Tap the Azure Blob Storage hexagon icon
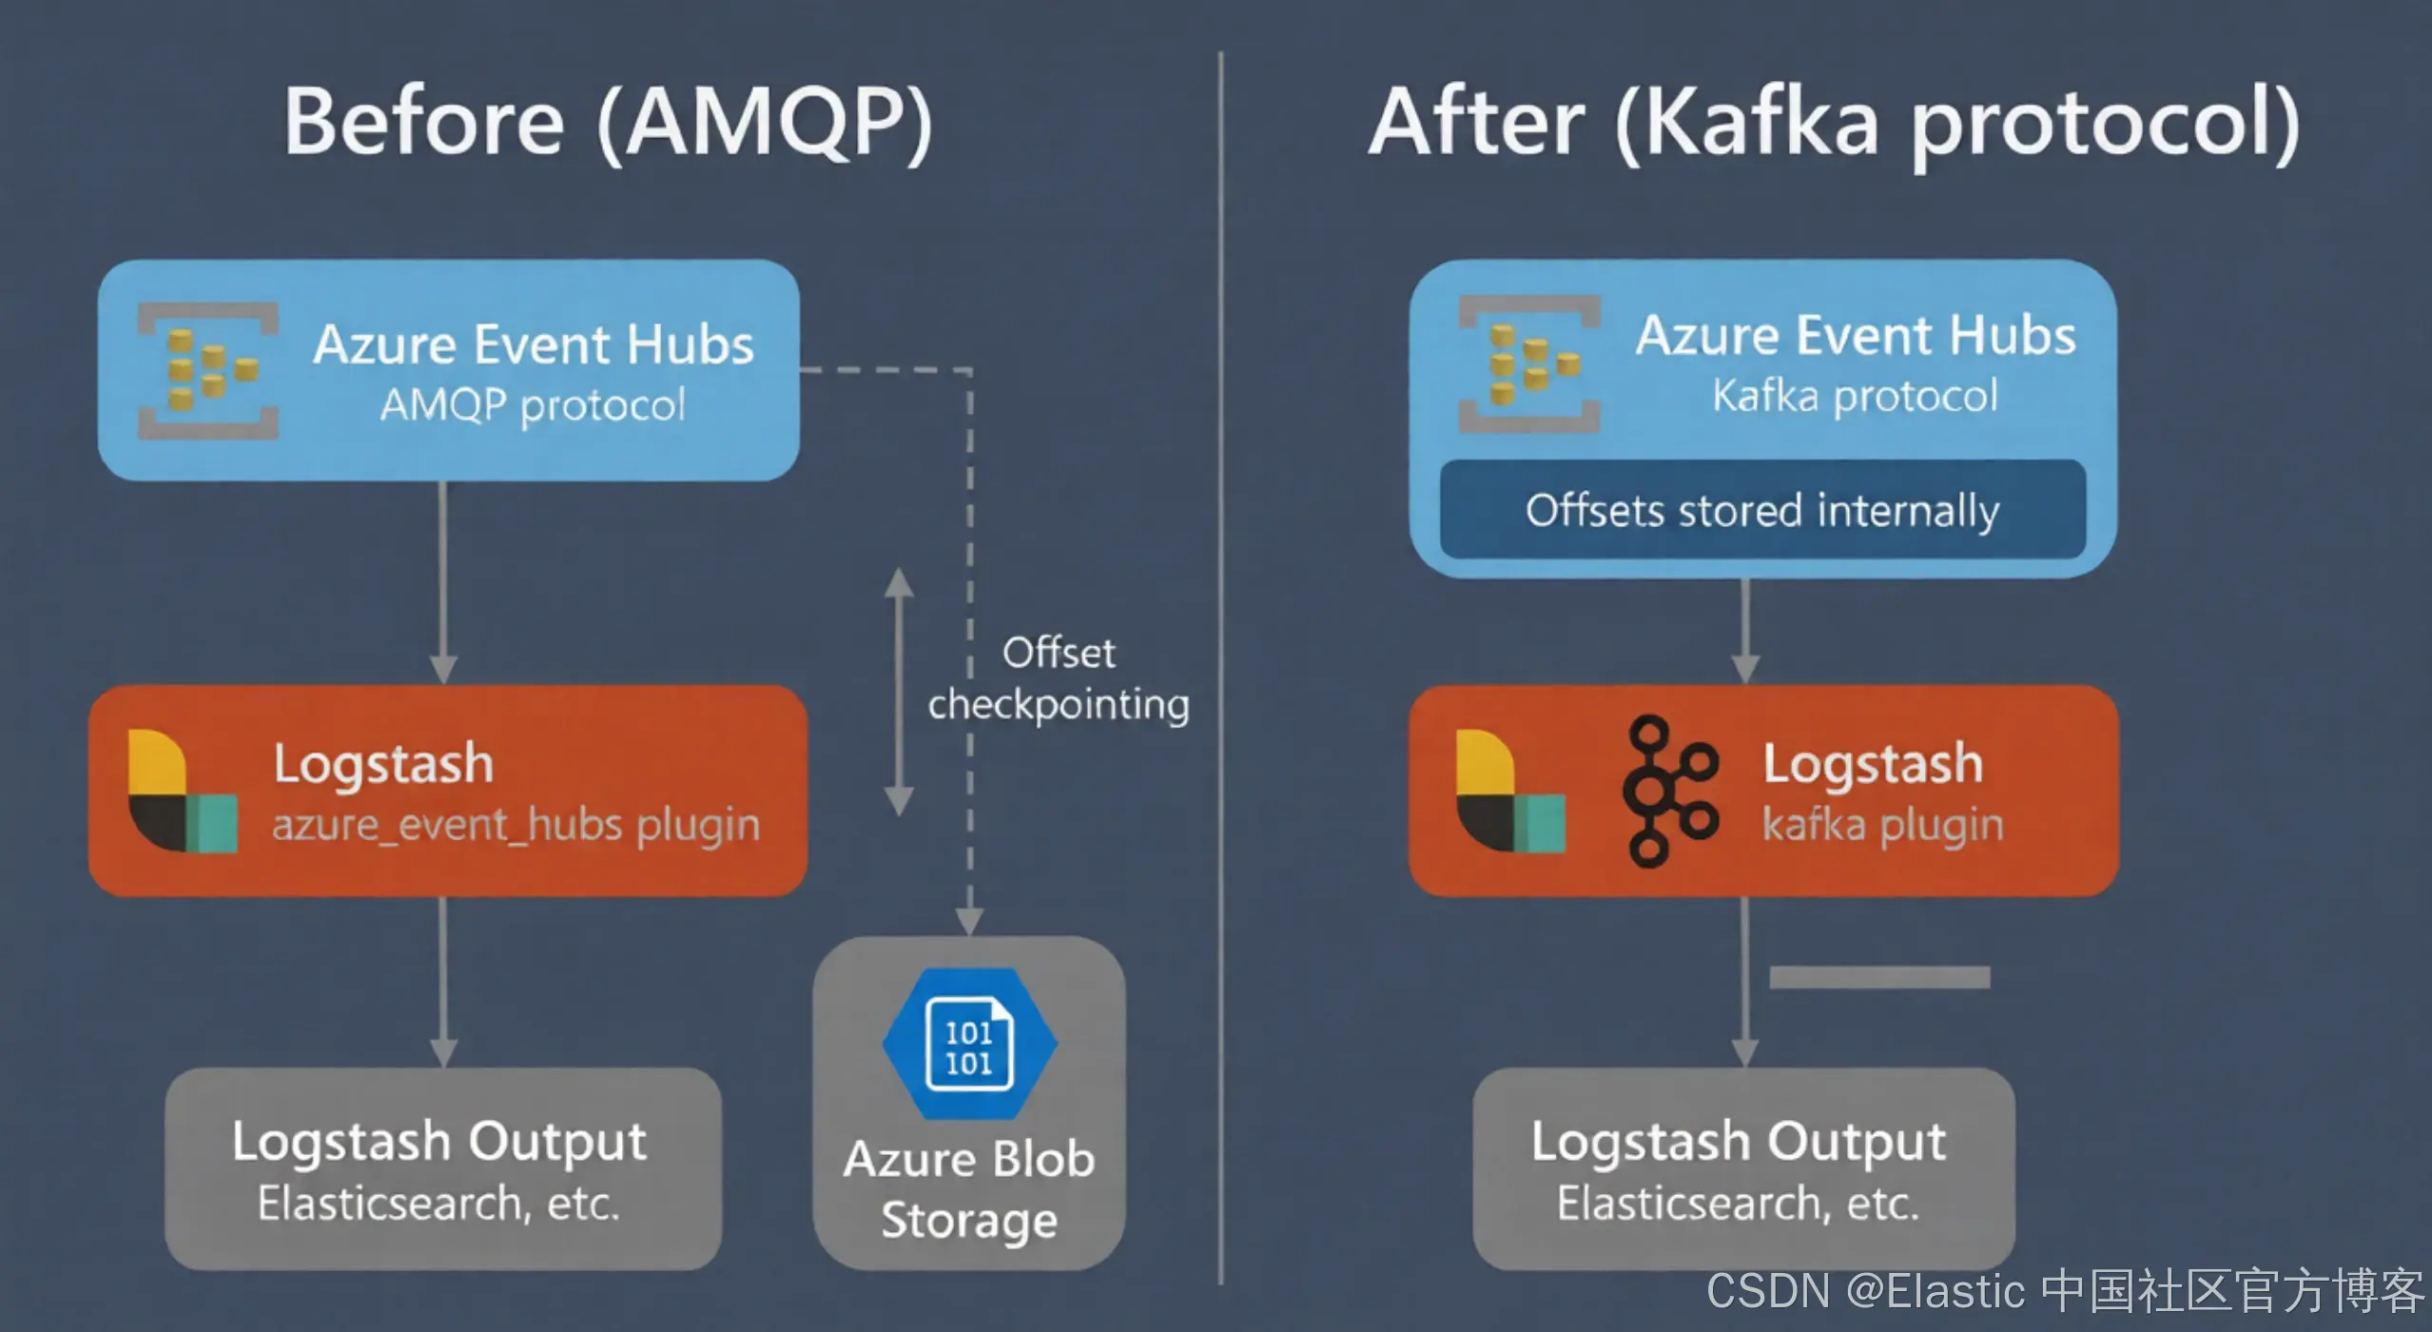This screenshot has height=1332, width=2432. click(x=969, y=1045)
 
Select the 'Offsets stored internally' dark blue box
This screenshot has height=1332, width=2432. click(x=1762, y=510)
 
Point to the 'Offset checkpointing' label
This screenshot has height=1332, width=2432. click(x=1059, y=678)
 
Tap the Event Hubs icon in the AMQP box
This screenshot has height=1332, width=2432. click(x=208, y=371)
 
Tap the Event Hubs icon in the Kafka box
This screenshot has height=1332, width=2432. click(x=1529, y=364)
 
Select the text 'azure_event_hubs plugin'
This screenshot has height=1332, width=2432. click(x=516, y=825)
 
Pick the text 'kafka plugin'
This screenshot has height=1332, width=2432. click(x=1883, y=825)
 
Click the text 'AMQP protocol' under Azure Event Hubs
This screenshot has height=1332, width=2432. click(x=533, y=405)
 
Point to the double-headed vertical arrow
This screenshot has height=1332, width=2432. click(x=899, y=693)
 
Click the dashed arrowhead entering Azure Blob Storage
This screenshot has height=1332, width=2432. click(x=969, y=921)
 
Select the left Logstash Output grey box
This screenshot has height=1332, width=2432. click(x=442, y=1168)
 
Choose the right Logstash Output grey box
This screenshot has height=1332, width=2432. click(x=1742, y=1168)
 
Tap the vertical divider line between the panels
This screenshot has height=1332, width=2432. click(x=1220, y=666)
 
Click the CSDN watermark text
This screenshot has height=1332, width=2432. click(x=2064, y=1292)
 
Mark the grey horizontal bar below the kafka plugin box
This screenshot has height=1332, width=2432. click(x=1879, y=977)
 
